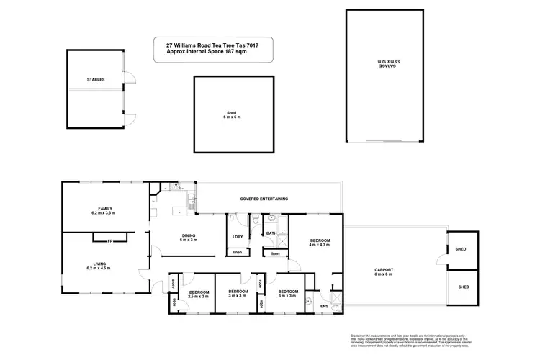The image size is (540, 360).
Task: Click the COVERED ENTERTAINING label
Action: (264, 198)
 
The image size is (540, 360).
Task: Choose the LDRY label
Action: (238, 237)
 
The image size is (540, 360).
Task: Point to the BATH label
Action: (271, 233)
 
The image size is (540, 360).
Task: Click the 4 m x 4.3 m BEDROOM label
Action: (320, 242)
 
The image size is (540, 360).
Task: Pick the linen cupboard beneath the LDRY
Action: (238, 253)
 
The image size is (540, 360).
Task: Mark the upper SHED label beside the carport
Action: (461, 250)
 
